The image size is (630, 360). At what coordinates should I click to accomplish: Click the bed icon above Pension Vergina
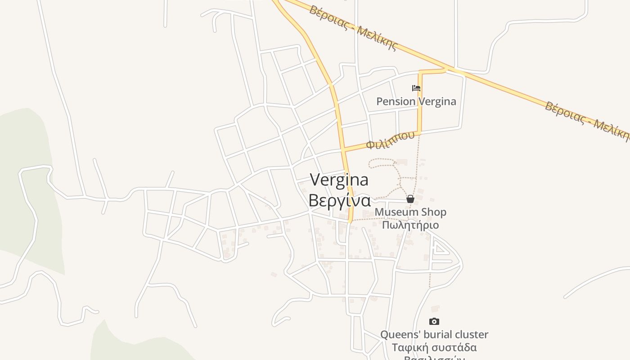(x=416, y=88)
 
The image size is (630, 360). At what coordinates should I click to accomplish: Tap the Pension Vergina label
(x=416, y=101)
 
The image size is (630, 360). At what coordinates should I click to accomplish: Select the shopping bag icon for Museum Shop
(x=410, y=199)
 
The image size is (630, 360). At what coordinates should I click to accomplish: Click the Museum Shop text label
(x=410, y=212)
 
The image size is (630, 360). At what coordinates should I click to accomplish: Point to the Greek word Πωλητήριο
(x=410, y=225)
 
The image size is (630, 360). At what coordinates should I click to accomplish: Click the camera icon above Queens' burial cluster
(x=434, y=321)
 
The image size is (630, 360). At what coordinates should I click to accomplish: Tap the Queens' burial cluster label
(x=434, y=334)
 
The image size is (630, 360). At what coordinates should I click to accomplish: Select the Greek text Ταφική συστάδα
(x=434, y=347)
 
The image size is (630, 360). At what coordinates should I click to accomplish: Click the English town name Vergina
(x=339, y=180)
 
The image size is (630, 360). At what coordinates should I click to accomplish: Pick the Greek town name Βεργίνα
(x=339, y=200)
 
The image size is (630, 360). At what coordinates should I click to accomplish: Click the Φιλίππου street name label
(x=390, y=140)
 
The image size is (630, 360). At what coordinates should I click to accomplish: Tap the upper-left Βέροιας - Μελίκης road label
(x=353, y=27)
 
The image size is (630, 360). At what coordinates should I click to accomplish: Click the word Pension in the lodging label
(x=396, y=101)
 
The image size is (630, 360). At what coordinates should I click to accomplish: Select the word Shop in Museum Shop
(x=433, y=212)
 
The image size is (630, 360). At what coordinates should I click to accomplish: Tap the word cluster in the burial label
(x=471, y=334)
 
